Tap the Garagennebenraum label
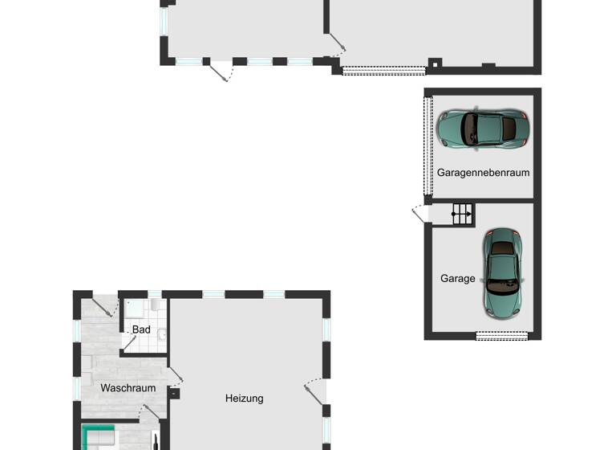(483, 173)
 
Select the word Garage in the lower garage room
(457, 279)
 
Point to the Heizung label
(244, 398)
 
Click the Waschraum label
(128, 388)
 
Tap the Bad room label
(141, 329)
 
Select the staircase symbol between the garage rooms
(462, 214)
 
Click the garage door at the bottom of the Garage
(502, 336)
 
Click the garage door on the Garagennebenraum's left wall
(428, 145)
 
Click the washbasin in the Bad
(161, 333)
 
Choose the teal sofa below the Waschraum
(99, 438)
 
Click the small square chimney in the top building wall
(434, 62)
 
